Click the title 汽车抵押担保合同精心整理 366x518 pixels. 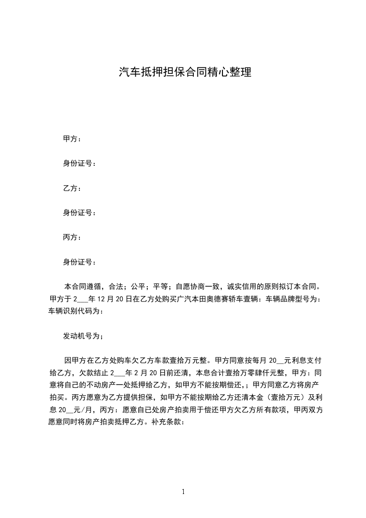coord(185,72)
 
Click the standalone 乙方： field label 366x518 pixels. coord(72,188)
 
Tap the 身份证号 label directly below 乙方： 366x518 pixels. coord(79,213)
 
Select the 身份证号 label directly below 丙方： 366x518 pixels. coord(79,262)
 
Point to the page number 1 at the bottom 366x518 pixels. coord(183,492)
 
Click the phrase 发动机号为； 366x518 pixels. coord(84,336)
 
